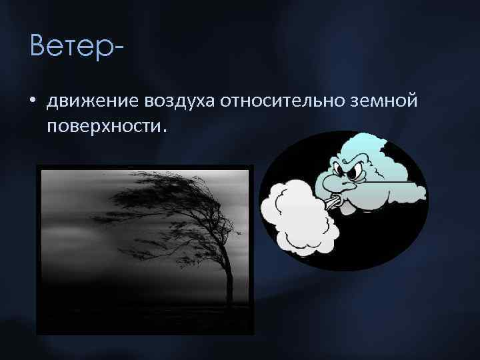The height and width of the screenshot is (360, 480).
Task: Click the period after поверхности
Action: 159,130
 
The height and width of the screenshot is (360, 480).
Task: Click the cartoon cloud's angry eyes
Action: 353,169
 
